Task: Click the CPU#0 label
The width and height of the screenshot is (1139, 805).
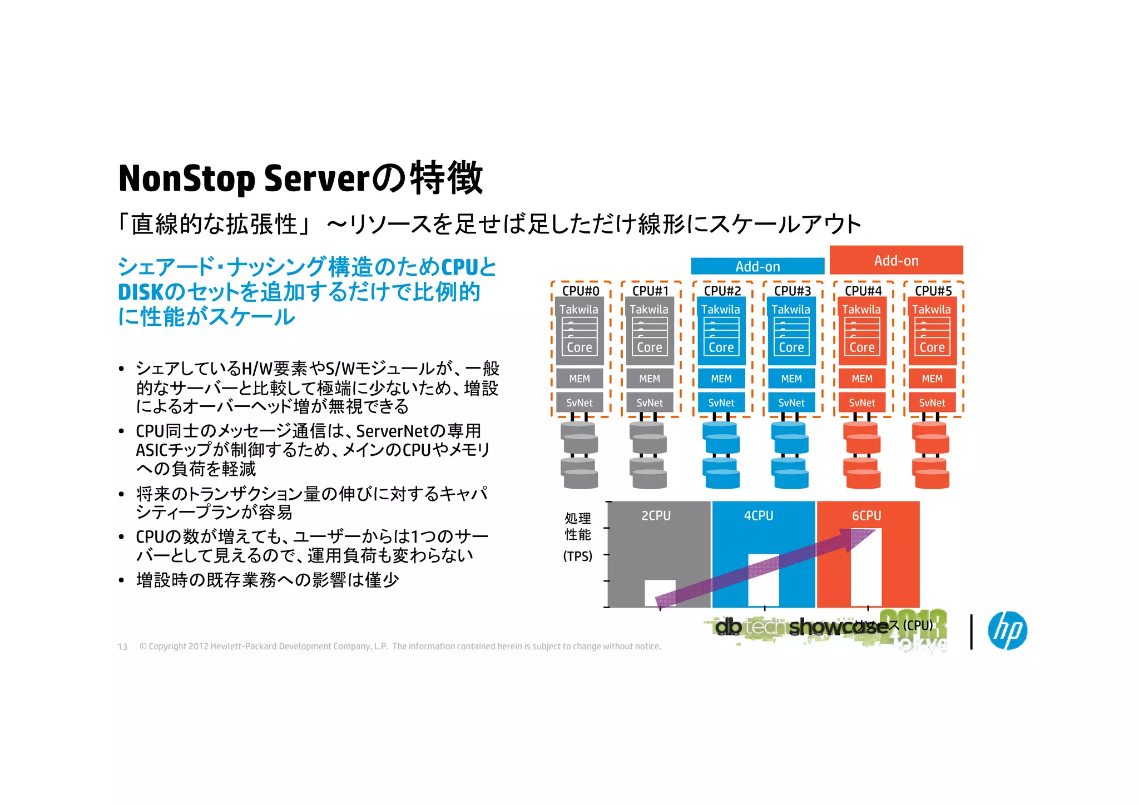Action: tap(581, 291)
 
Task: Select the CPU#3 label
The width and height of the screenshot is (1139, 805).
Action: tap(792, 291)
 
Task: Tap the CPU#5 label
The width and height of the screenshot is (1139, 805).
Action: tap(933, 291)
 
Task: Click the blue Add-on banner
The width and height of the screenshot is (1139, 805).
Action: tap(757, 266)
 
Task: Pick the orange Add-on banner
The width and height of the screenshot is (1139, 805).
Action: tap(896, 260)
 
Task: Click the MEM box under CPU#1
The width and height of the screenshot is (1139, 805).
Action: tap(650, 379)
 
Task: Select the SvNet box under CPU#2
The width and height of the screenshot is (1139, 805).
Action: tap(721, 402)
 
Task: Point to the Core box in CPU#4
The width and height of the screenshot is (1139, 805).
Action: tap(862, 347)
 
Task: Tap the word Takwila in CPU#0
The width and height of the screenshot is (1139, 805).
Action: tap(578, 310)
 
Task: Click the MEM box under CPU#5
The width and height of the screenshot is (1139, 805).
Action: tap(932, 379)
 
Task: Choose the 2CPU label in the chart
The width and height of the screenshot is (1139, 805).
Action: tap(656, 516)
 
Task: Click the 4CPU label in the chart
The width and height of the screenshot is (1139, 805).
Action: tap(759, 516)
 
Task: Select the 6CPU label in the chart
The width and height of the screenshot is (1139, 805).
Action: tap(866, 516)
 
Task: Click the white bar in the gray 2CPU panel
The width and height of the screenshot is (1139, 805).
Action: tap(660, 593)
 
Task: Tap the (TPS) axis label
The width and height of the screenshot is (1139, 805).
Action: tap(578, 556)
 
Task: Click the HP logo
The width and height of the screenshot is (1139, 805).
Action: tap(1007, 630)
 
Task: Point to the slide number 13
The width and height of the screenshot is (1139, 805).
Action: tap(122, 647)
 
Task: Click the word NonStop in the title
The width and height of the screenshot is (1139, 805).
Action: tap(186, 178)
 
